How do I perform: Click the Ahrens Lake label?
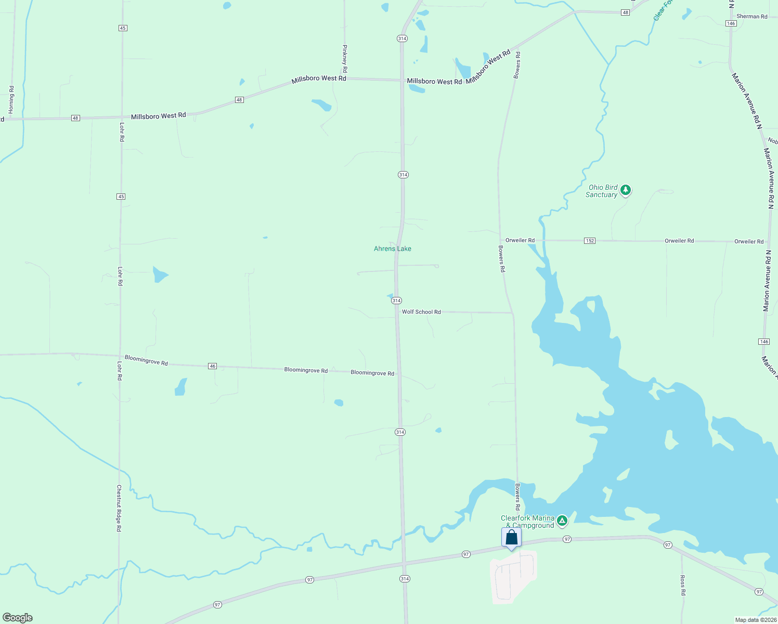click(392, 249)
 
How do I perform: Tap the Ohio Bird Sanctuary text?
click(602, 191)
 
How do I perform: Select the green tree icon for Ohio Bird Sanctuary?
click(626, 190)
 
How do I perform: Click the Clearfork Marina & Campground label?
click(527, 522)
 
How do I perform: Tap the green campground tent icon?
click(562, 520)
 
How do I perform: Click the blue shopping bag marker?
click(511, 538)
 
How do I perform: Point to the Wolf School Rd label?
click(421, 312)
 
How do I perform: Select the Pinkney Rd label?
click(344, 58)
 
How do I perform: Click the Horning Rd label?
click(11, 100)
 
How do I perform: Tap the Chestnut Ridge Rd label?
click(119, 508)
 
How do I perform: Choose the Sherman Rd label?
click(751, 17)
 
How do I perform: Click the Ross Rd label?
click(682, 585)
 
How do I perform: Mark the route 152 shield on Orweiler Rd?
click(589, 241)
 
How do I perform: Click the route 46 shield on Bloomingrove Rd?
click(212, 366)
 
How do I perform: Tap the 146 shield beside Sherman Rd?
click(731, 23)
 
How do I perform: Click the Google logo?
click(18, 618)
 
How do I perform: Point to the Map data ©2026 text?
click(755, 620)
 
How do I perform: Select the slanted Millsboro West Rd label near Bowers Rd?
click(488, 67)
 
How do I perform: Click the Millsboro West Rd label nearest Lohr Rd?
click(158, 116)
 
